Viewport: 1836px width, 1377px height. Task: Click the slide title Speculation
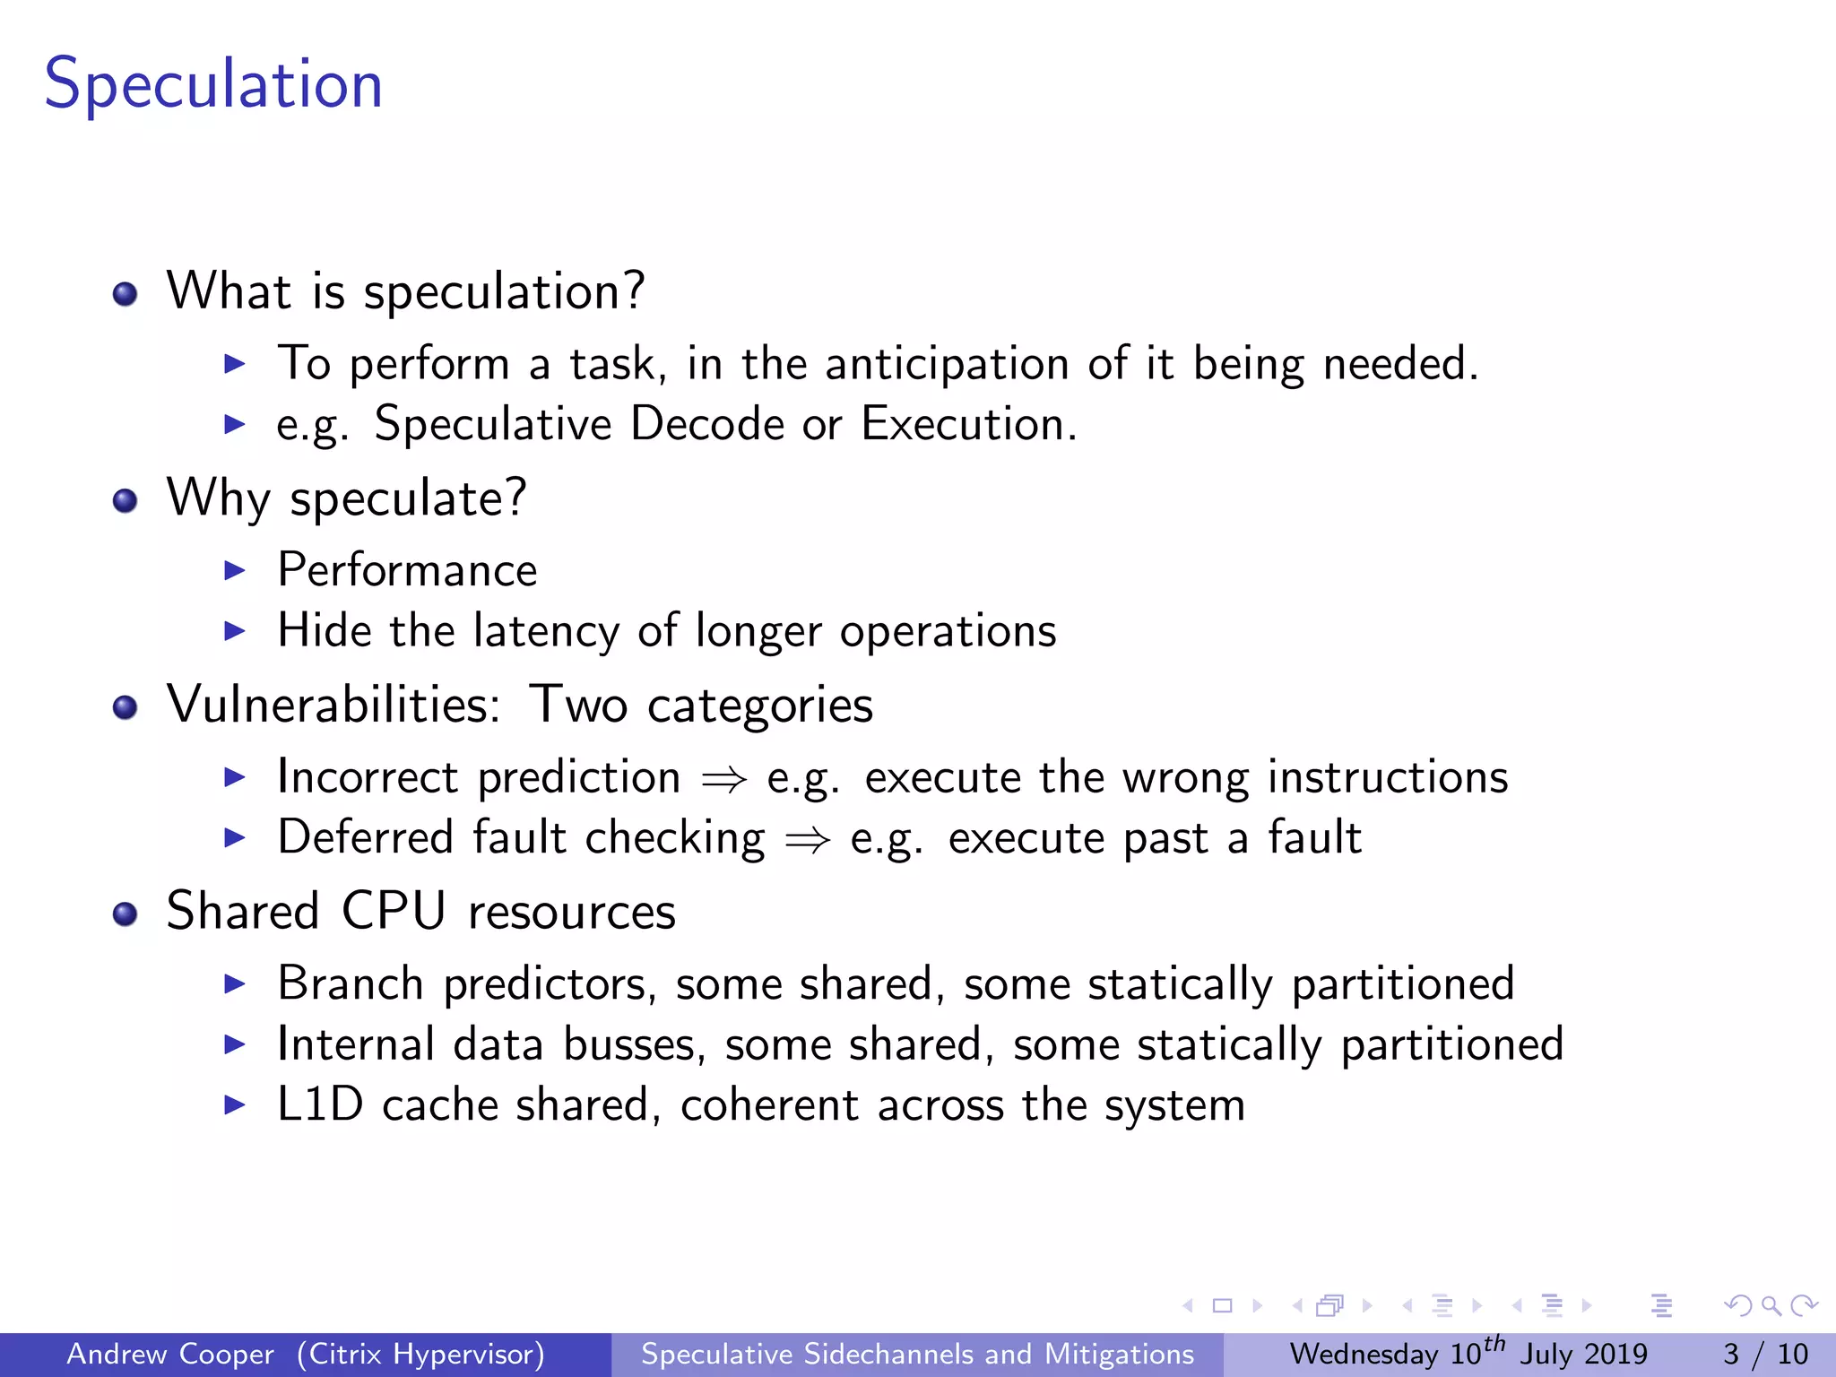pos(213,84)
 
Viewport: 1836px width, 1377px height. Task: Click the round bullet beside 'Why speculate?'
pos(126,500)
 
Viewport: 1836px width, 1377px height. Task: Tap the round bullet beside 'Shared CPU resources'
pos(126,914)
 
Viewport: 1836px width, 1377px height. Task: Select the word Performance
pos(407,570)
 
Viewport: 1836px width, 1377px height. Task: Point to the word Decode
pos(707,424)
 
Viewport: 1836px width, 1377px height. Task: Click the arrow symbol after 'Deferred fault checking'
pos(807,840)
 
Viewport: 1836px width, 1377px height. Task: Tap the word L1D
pos(320,1104)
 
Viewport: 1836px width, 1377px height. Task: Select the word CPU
pos(394,912)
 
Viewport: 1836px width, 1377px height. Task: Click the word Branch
pos(350,983)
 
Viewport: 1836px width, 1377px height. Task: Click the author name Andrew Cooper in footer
pos(170,1354)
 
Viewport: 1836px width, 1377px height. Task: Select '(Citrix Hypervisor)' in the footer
pos(420,1354)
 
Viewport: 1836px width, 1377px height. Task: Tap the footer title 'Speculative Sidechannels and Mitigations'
pos(917,1354)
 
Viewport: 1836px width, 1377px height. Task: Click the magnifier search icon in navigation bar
pos(1771,1306)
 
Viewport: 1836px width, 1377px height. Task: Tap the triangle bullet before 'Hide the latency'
pos(234,631)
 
